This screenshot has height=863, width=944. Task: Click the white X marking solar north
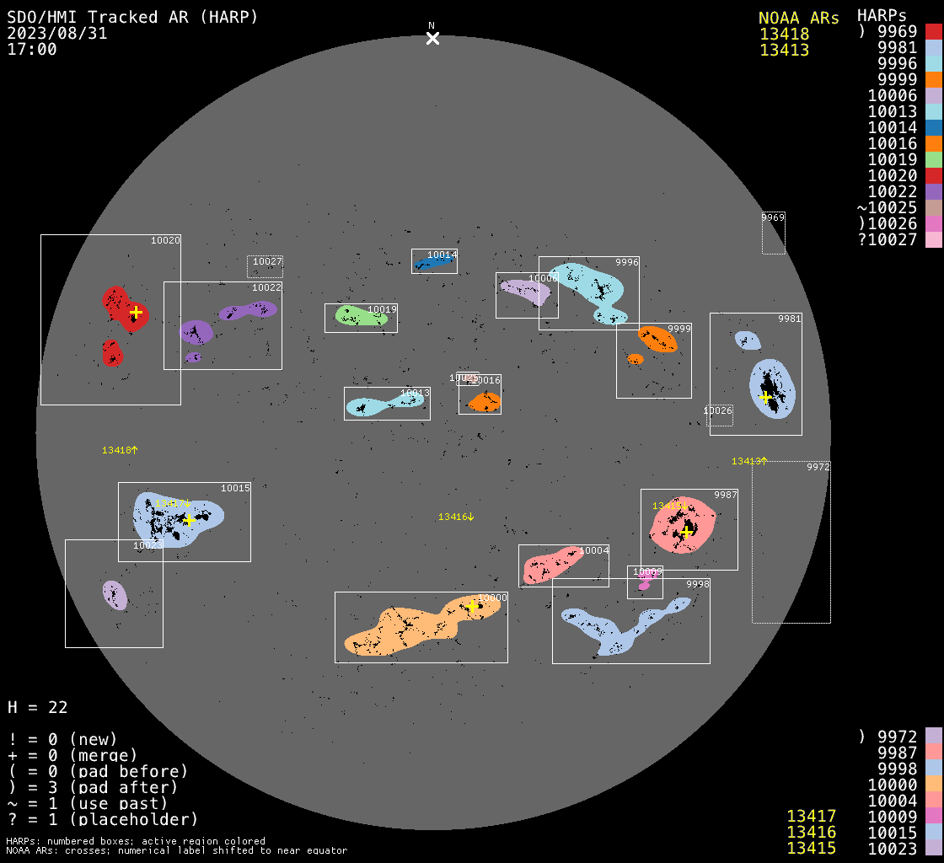[x=432, y=38]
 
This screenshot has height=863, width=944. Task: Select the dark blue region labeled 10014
[x=433, y=263]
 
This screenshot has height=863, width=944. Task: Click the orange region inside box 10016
[x=485, y=401]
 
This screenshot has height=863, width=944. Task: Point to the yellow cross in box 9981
[x=765, y=397]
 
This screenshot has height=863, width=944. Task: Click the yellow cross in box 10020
[x=136, y=312]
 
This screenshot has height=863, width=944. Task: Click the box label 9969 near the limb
[x=773, y=217]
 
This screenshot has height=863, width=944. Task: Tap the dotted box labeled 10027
[x=265, y=266]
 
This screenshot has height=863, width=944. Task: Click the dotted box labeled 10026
[x=719, y=415]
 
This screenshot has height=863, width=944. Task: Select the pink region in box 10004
[x=552, y=564]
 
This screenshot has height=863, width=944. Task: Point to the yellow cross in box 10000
[x=472, y=606]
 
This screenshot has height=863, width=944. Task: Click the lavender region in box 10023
[x=115, y=595]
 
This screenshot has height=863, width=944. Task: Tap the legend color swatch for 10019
[x=933, y=159]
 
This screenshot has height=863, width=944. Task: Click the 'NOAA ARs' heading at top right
[x=798, y=18]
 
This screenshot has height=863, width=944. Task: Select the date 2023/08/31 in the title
[x=57, y=33]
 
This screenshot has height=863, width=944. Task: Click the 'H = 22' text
[x=38, y=707]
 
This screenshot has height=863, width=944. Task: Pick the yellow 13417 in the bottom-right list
[x=811, y=816]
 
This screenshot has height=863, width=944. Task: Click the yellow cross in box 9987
[x=687, y=532]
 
